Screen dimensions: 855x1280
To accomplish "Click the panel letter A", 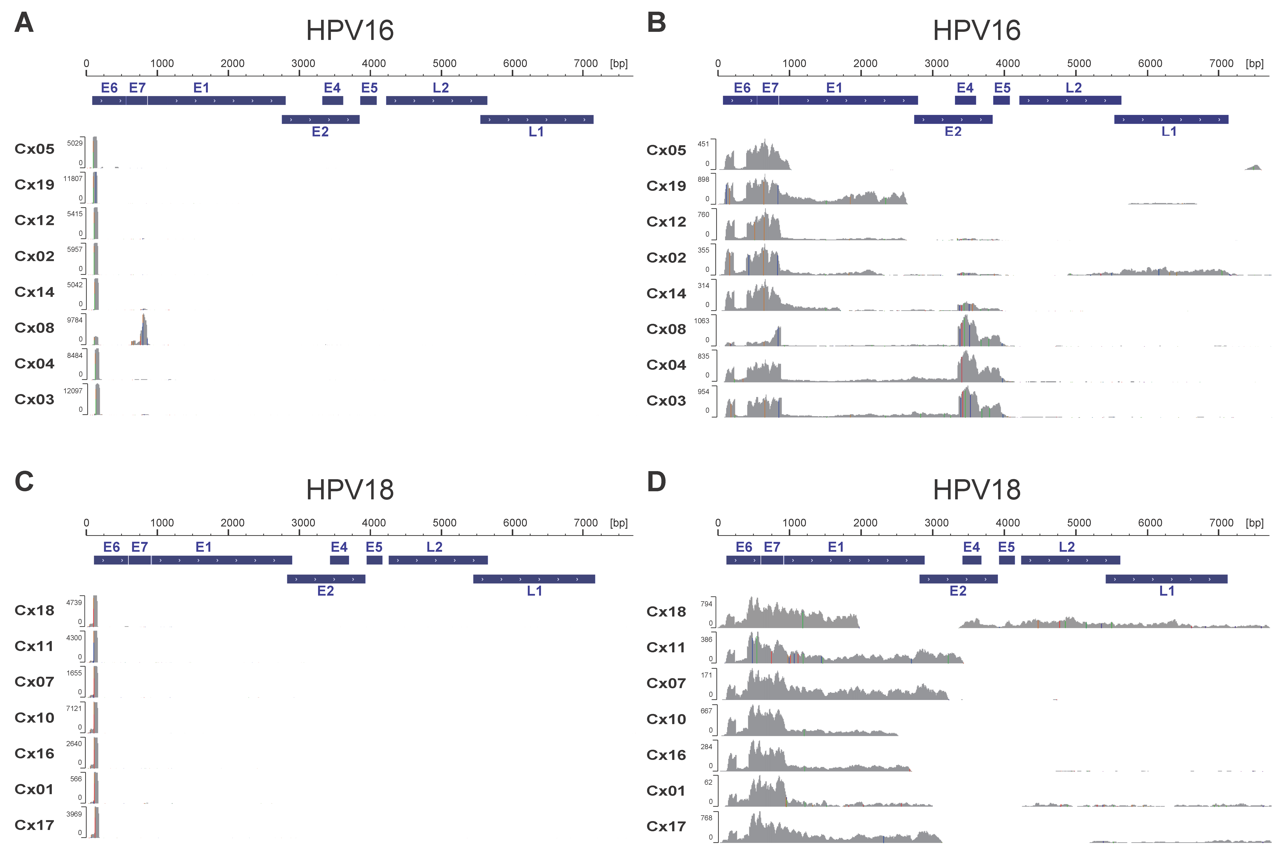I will pyautogui.click(x=24, y=23).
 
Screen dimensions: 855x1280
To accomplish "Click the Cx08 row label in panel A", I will pyautogui.click(x=34, y=328).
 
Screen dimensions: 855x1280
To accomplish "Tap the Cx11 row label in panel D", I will pyautogui.click(x=666, y=647).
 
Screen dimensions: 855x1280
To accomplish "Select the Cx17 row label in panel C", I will pyautogui.click(x=34, y=825).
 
